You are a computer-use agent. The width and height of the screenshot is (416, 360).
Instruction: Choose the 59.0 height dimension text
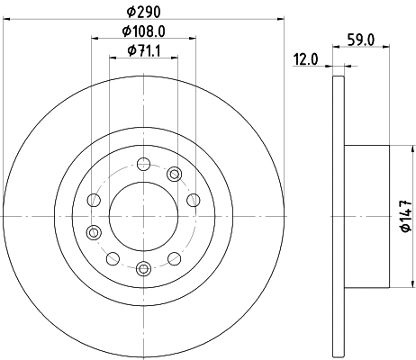coord(360,40)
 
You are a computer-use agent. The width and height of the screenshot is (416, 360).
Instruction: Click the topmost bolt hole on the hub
coord(143,164)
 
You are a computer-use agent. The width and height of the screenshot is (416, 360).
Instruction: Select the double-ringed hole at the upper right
coord(175,174)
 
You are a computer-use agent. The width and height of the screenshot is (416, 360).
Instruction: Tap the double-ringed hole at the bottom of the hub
coord(143,267)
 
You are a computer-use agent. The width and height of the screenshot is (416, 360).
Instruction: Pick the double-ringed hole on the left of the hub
coord(93,232)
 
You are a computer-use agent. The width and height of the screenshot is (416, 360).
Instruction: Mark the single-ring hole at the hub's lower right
coord(175,257)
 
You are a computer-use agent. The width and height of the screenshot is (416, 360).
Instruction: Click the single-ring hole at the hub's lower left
coord(112,258)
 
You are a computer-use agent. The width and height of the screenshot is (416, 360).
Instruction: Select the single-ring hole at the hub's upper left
coord(93,200)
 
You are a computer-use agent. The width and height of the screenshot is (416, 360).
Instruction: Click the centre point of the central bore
coord(143,215)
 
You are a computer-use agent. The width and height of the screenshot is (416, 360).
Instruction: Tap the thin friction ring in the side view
coord(338,215)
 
